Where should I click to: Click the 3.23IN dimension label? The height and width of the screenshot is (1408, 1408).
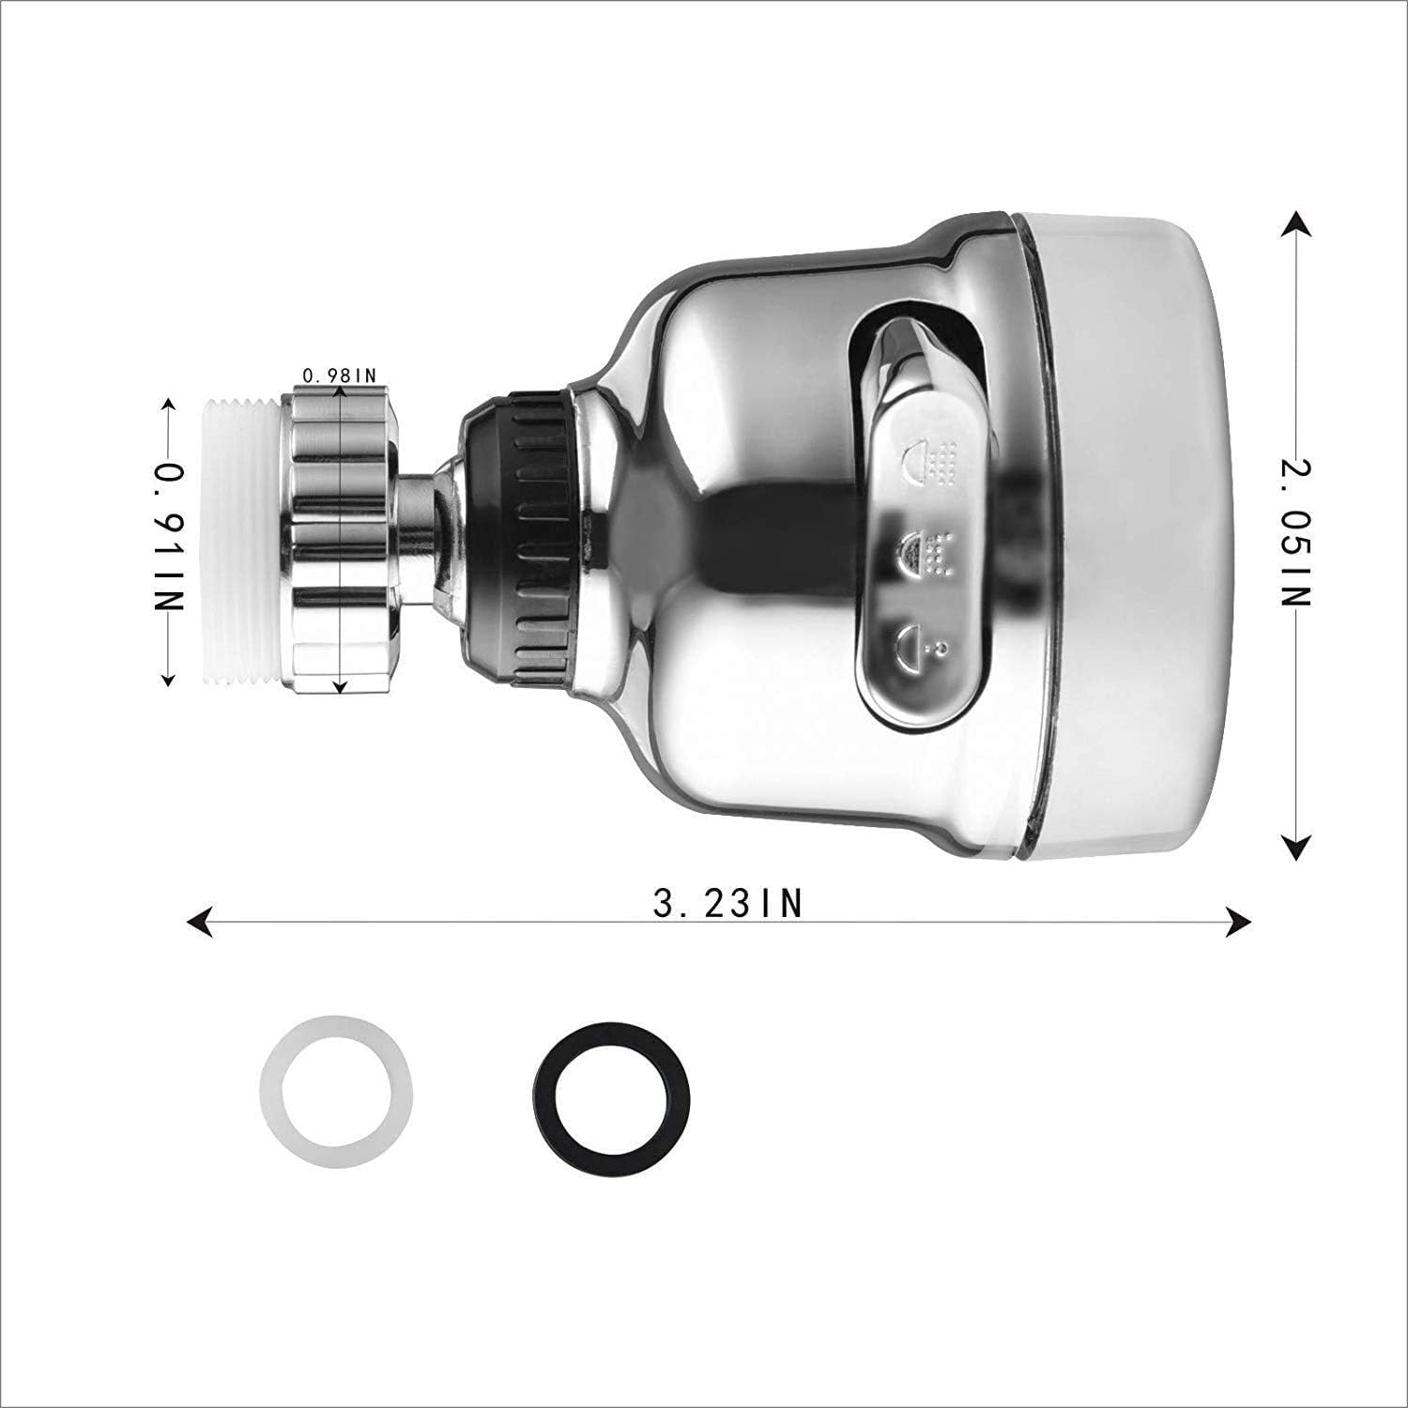click(728, 904)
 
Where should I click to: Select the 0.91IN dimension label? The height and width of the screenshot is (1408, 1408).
click(169, 537)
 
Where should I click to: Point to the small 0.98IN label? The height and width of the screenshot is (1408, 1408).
click(339, 375)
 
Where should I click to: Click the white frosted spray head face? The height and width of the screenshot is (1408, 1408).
click(1126, 530)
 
